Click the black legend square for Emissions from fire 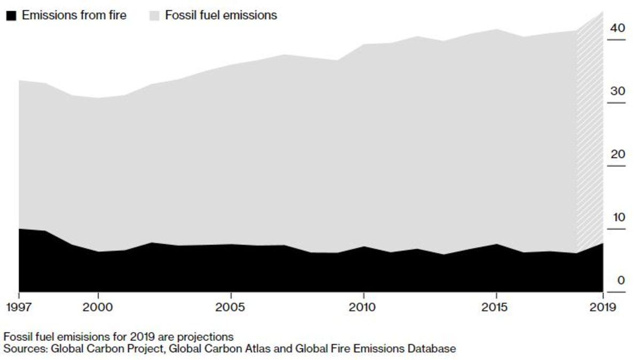click(x=11, y=15)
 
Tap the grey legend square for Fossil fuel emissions click(x=154, y=15)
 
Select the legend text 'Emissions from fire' click(x=74, y=15)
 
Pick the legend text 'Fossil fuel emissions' click(x=221, y=15)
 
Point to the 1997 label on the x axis click(x=19, y=308)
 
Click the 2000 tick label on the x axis click(x=98, y=308)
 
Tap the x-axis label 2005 click(x=230, y=308)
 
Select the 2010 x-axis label click(x=363, y=308)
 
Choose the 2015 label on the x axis click(x=496, y=308)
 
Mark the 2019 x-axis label click(x=602, y=308)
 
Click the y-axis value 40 click(x=617, y=28)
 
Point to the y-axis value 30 click(x=617, y=91)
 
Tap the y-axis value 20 click(x=617, y=154)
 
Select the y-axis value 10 click(x=617, y=217)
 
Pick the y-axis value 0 click(x=621, y=280)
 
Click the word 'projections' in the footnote click(x=207, y=338)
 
